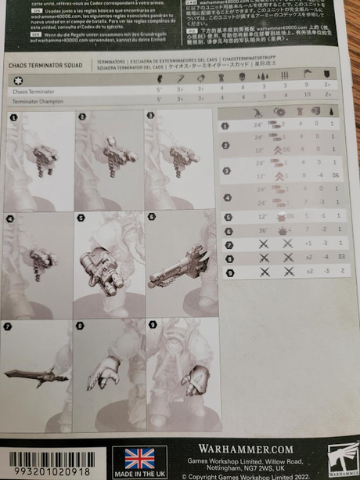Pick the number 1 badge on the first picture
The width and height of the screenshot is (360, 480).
click(x=13, y=117)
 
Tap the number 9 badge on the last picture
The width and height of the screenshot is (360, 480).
click(x=151, y=323)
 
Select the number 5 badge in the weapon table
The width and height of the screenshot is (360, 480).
click(x=228, y=216)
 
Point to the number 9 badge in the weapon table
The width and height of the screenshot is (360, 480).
click(x=228, y=272)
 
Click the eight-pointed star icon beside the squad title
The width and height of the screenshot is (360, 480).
click(x=17, y=80)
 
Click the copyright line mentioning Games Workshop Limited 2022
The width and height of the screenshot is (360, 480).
click(x=257, y=475)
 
